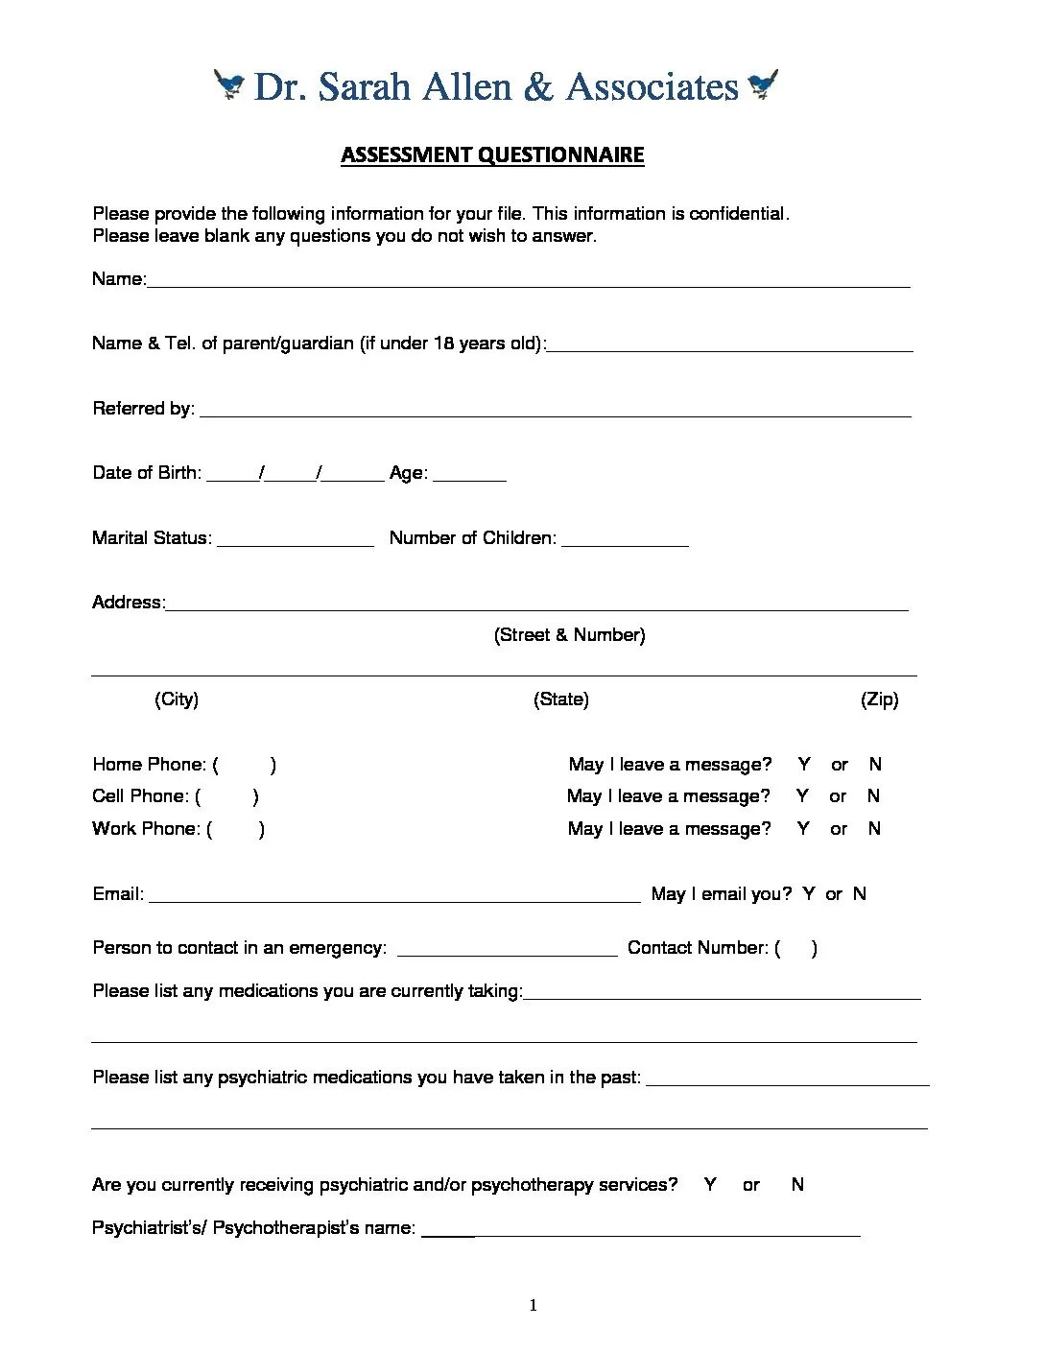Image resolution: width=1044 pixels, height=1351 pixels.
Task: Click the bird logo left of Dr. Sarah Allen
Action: [x=228, y=85]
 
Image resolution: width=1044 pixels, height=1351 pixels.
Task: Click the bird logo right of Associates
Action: [x=763, y=84]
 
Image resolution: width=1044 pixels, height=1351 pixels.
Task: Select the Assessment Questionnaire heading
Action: [x=492, y=155]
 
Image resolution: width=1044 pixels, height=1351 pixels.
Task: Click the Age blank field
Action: [x=469, y=475]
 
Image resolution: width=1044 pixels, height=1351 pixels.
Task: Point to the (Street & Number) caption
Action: [x=569, y=635]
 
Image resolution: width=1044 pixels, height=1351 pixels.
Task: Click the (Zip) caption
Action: [x=879, y=699]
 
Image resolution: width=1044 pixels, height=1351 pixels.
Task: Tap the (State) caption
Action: [x=561, y=699]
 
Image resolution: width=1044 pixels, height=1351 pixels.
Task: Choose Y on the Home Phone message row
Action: [x=804, y=765]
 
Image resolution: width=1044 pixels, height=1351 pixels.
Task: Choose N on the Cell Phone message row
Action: [x=873, y=796]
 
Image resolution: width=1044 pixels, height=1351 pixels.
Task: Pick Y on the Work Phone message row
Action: [x=803, y=829]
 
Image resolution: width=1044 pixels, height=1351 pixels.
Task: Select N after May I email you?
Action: [x=860, y=894]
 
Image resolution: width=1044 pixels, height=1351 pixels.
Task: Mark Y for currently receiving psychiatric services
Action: [x=710, y=1185]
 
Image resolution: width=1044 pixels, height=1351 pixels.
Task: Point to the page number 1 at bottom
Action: [x=534, y=1305]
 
